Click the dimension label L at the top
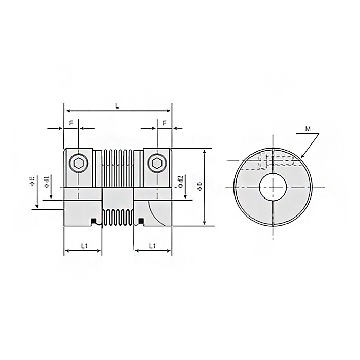117,105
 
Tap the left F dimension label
71,123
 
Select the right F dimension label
164,123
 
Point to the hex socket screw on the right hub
157,164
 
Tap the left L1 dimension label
84,246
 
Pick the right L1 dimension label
153,246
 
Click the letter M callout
307,129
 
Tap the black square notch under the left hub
94,222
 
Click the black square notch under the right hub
141,222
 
